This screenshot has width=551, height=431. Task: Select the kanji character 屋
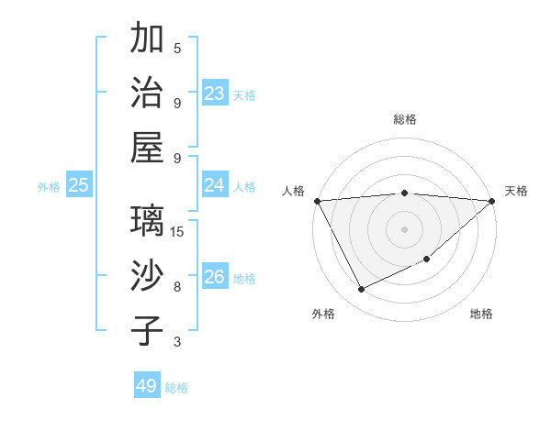(x=147, y=148)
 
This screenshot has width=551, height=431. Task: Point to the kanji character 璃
(x=147, y=223)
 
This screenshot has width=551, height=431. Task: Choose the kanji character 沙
(x=147, y=277)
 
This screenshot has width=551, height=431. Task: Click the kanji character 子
(x=147, y=331)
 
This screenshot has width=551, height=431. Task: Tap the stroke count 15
(x=178, y=232)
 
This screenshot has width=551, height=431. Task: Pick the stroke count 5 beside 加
(x=177, y=48)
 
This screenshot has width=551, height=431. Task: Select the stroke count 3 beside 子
(x=177, y=342)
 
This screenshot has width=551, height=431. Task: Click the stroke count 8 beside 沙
(x=177, y=287)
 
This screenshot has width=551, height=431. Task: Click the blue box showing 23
(x=214, y=94)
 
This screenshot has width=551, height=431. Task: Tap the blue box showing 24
(x=214, y=185)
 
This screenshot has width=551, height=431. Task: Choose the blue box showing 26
(x=214, y=277)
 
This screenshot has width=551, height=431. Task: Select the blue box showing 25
(x=78, y=185)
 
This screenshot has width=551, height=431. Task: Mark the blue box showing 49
(x=146, y=386)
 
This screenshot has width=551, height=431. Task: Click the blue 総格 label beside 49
(x=176, y=388)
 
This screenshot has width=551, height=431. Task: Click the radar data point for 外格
(x=361, y=290)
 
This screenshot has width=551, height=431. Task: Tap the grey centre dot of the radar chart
(x=404, y=228)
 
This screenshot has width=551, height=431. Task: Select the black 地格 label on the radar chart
(x=481, y=315)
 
